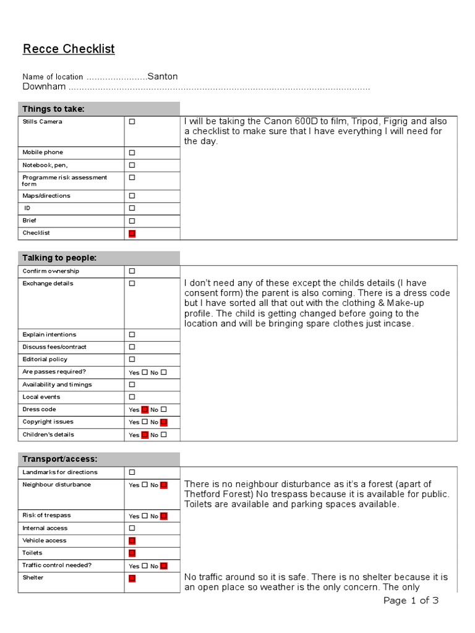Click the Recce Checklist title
tap(69, 49)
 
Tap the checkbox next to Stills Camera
tap(132, 122)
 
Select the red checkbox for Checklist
tap(132, 234)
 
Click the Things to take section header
tap(54, 109)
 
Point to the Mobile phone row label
tap(43, 152)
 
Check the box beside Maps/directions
tap(132, 196)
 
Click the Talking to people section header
tap(59, 258)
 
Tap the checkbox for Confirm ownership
tap(132, 271)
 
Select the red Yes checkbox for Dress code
tap(145, 410)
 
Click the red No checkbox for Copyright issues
tap(163, 422)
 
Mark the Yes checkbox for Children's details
tap(145, 435)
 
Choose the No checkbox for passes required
tap(163, 372)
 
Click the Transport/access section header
tap(60, 459)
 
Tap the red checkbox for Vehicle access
tap(132, 541)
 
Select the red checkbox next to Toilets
tap(132, 553)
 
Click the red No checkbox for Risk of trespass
tap(163, 516)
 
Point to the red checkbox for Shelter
tap(132, 579)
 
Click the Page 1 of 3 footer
tap(411, 601)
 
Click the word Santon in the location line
tap(163, 77)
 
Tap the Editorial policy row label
tap(45, 359)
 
